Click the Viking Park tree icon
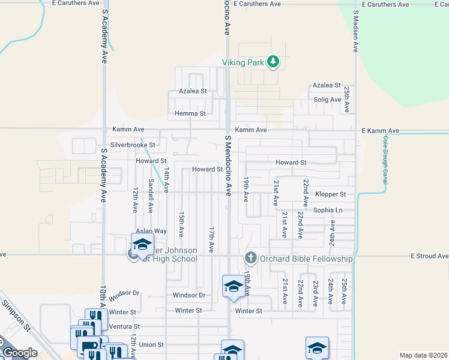273,61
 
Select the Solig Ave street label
327,99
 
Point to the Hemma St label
190,113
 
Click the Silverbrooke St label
133,145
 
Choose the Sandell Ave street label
150,199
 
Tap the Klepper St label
331,194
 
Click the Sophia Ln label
328,211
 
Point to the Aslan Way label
151,231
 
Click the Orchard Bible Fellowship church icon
251,258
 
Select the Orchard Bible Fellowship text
306,259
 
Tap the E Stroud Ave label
429,256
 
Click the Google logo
19,353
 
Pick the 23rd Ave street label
315,293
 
